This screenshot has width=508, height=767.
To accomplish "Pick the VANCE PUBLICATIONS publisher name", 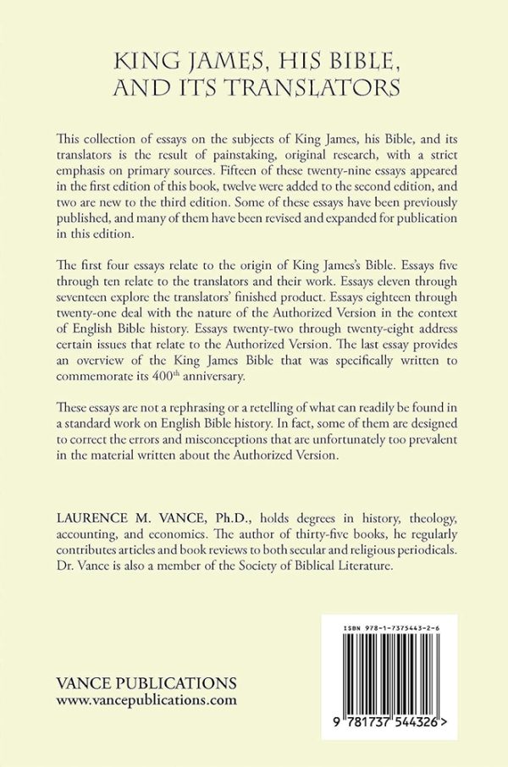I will (x=146, y=683).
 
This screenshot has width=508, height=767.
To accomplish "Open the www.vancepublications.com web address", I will (x=146, y=700).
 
